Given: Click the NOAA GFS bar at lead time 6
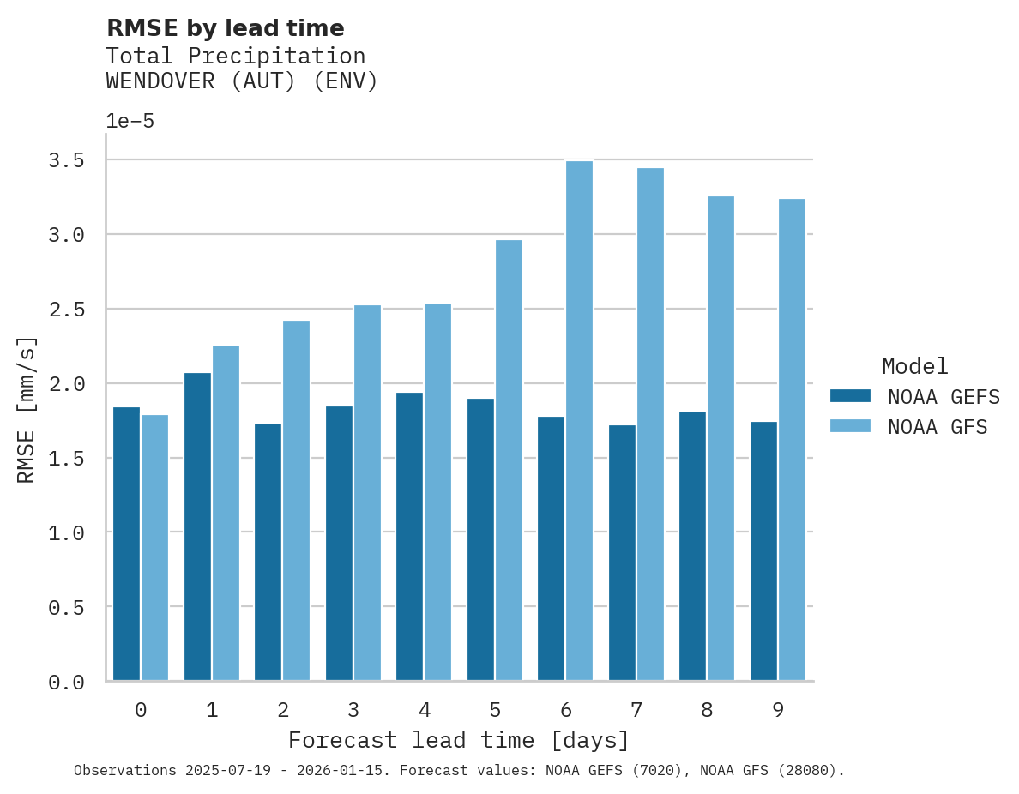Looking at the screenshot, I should [580, 421].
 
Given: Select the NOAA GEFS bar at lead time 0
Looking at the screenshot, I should [127, 544].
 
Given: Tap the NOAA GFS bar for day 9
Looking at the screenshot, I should [792, 440].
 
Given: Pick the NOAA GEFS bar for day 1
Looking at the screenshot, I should [197, 526].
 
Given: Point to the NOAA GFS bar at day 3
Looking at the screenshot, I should [367, 493].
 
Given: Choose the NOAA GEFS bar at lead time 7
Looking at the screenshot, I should [622, 553].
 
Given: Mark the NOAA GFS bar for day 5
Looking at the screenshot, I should [509, 460].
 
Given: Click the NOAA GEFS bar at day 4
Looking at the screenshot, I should [410, 537].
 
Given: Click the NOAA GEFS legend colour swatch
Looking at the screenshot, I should [850, 396].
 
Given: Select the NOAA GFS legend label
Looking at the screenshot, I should [938, 427].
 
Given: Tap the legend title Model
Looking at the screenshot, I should [914, 366].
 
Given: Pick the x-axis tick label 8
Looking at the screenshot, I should [707, 710].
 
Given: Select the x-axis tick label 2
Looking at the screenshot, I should [282, 710].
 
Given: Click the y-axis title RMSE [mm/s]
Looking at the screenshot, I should [27, 410].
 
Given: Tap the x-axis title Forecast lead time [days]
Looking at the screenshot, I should [459, 740].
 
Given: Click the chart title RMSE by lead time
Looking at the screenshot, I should [226, 28].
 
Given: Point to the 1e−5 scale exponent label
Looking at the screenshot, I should [130, 121].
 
